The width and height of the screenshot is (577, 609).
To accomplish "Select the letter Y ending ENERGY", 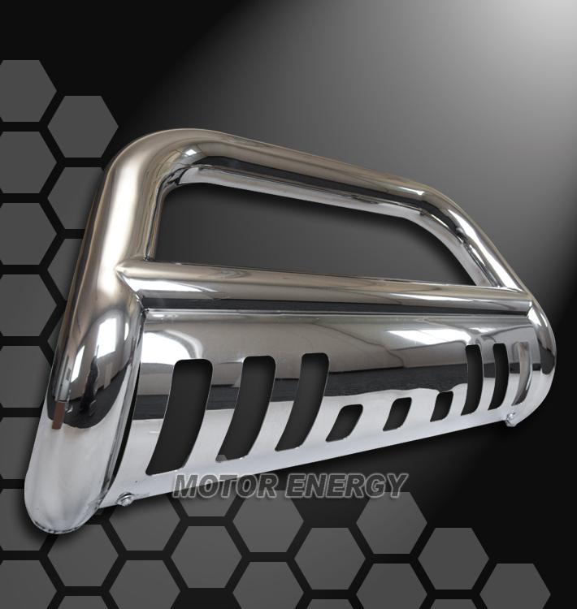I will click(x=395, y=486).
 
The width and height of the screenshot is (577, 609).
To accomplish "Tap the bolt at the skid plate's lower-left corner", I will click(x=127, y=500).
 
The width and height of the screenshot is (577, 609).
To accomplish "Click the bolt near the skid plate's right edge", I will click(x=509, y=420).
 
